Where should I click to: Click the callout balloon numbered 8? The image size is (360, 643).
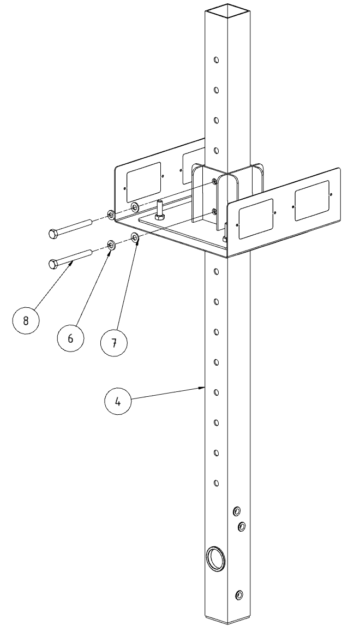tap(26, 320)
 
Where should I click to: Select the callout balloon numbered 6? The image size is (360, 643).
tap(70, 338)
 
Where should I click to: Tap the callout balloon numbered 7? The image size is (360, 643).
tap(114, 343)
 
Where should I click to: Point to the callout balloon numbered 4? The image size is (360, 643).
tap(118, 401)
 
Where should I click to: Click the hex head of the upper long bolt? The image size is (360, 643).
tap(53, 234)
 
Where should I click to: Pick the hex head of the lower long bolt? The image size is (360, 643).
tap(53, 264)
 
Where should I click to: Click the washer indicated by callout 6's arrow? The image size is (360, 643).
tap(111, 245)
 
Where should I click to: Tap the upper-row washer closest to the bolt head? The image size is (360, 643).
tap(111, 215)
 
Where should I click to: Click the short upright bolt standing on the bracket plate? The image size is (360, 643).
tap(160, 210)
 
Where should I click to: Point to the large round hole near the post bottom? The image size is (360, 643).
tap(217, 558)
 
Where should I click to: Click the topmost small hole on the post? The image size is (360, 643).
tap(216, 60)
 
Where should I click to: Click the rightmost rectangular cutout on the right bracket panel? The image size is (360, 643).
tap(312, 200)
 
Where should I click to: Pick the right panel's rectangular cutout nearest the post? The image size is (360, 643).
tap(256, 219)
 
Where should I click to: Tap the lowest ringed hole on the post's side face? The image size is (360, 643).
tap(239, 595)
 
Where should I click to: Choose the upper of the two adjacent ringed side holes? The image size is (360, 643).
tap(236, 511)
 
